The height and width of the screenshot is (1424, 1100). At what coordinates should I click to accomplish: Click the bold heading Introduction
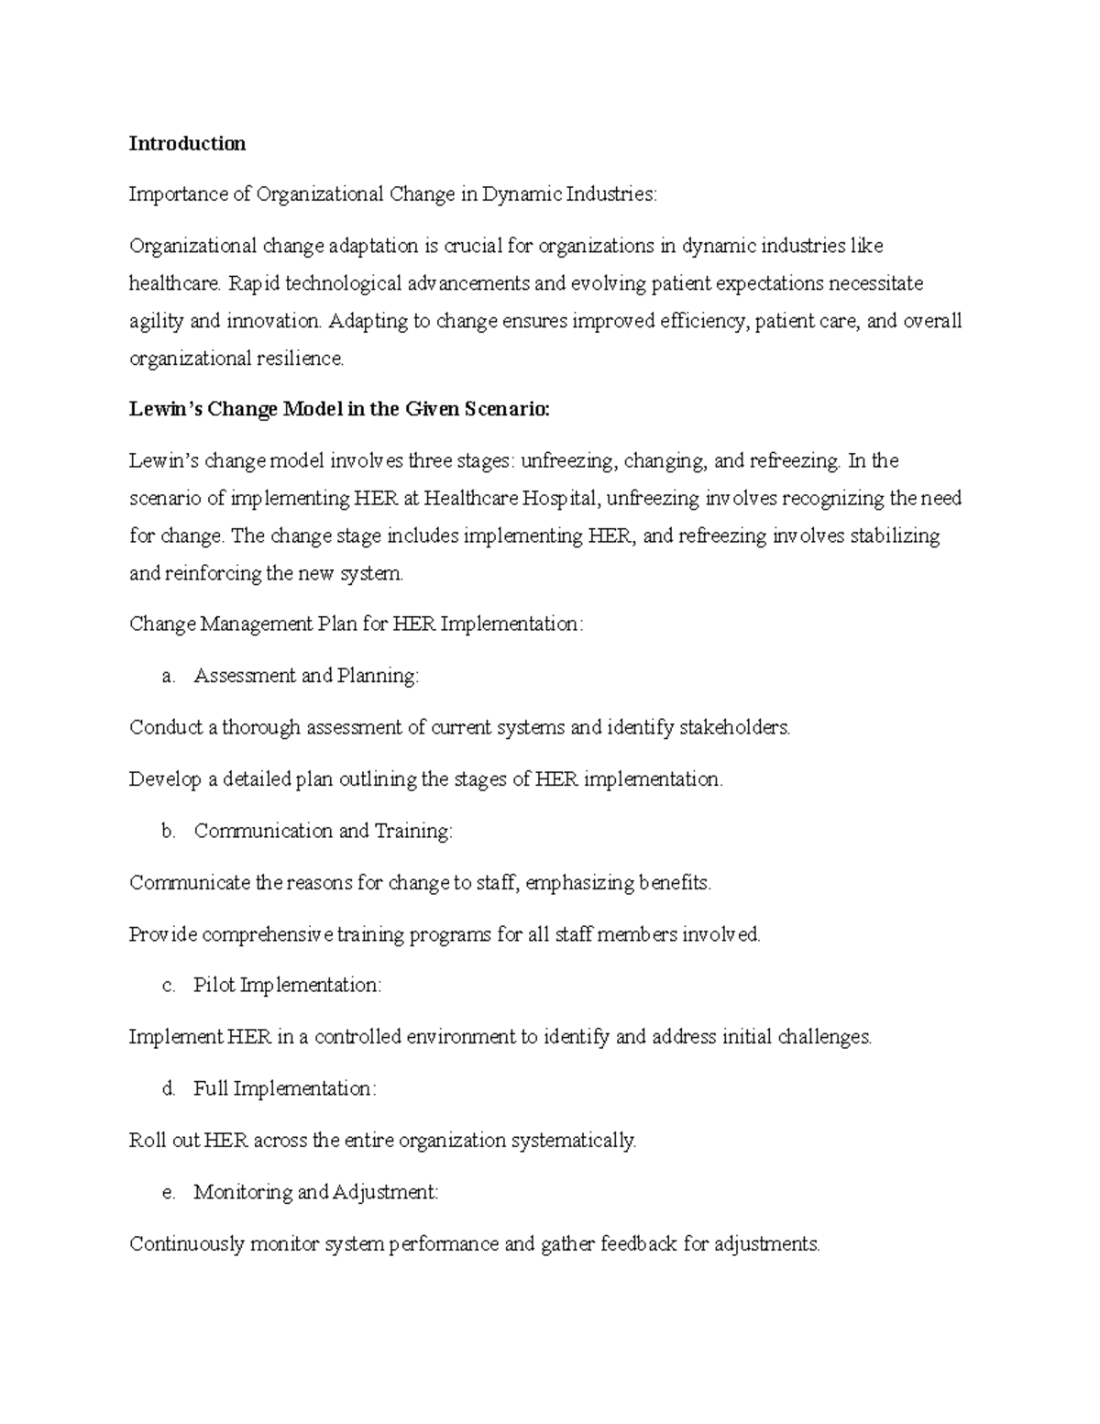point(187,143)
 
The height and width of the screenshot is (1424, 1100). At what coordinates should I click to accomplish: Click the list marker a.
point(167,677)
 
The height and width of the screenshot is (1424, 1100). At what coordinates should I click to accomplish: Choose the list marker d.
point(167,1089)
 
